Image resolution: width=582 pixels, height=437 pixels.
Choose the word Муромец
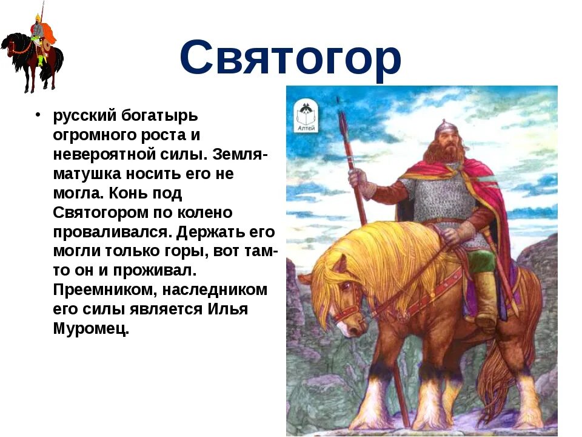tap(91, 329)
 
